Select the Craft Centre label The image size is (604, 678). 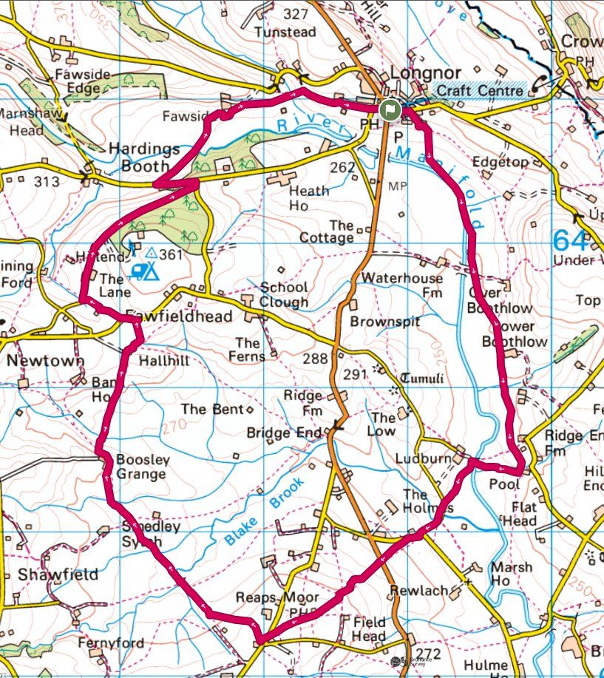point(480,90)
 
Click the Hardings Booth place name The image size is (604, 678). point(144,157)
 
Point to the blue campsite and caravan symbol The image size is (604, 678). point(144,271)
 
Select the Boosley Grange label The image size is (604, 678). point(143,467)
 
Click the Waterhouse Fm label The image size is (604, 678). point(403,285)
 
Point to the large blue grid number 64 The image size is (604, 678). point(571,241)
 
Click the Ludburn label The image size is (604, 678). point(422,458)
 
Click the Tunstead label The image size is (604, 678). point(285,33)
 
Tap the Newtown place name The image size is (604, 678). point(45,361)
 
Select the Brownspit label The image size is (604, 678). point(384,322)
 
